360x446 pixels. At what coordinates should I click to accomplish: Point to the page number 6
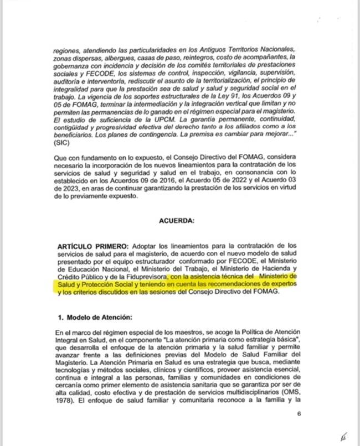299,413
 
